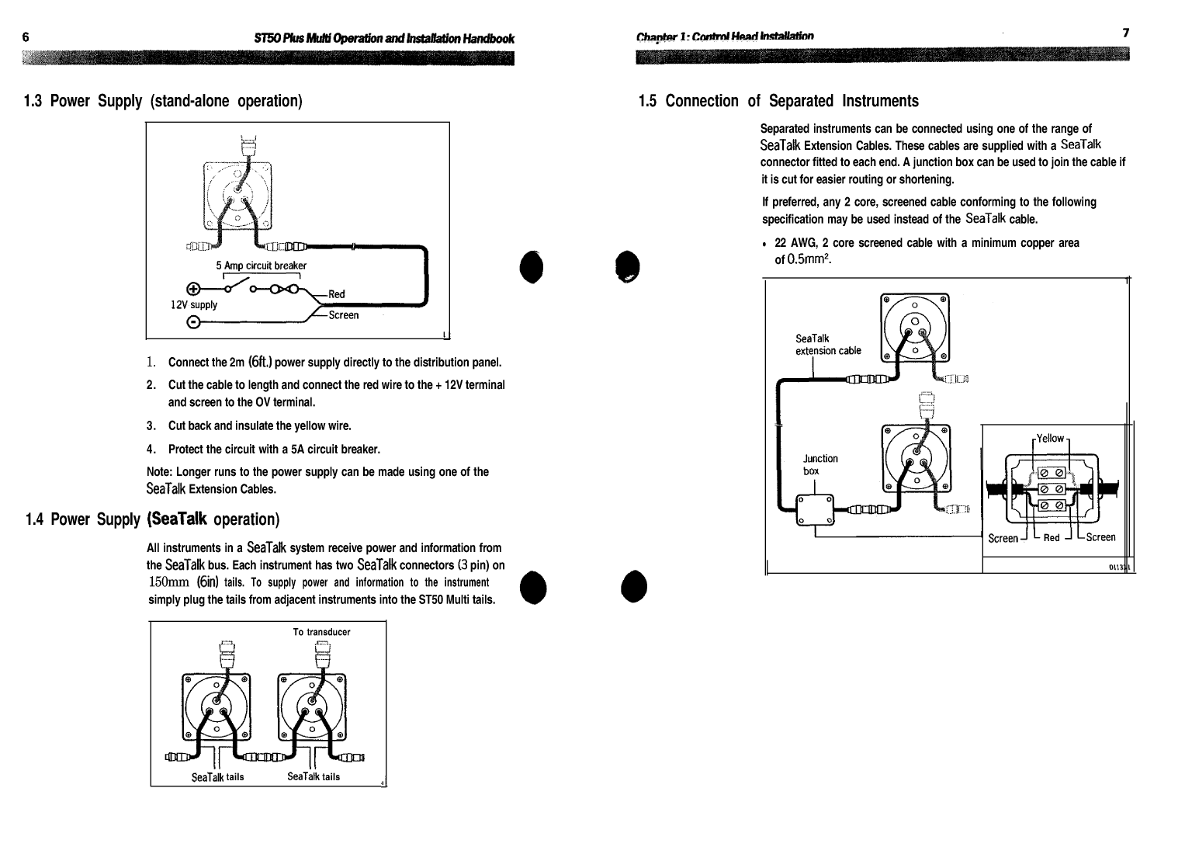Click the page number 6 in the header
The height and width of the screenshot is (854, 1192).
coord(26,37)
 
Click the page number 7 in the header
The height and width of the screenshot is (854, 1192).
coord(1125,33)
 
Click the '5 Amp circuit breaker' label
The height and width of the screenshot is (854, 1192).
coord(261,266)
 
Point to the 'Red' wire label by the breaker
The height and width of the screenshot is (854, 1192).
coord(337,294)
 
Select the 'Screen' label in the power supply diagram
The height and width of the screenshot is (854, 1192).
coord(344,315)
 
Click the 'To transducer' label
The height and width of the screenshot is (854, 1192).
coord(321,632)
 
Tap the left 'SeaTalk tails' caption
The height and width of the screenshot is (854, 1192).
coord(217,777)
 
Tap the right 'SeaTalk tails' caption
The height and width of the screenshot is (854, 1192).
coord(314,776)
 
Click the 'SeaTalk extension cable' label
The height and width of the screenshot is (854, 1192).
coord(828,345)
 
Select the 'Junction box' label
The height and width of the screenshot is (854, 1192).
coord(820,464)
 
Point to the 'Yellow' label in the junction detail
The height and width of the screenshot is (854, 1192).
coord(1051,439)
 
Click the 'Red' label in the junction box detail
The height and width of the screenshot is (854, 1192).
coord(1052,538)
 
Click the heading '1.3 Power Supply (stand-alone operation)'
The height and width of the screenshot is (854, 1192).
coord(163,101)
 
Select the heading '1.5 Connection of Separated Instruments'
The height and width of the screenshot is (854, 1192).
coord(778,101)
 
